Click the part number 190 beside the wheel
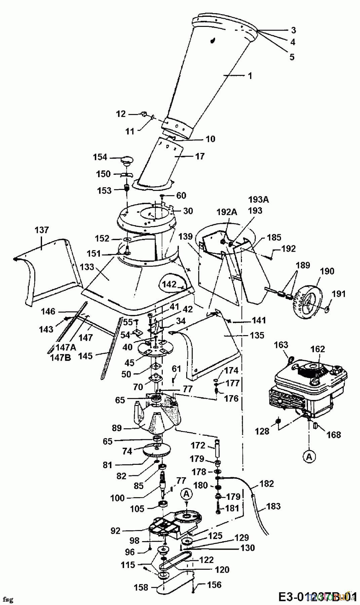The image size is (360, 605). pyautogui.click(x=327, y=271)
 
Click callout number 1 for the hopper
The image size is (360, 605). pyautogui.click(x=250, y=76)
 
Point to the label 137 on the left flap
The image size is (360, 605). pyautogui.click(x=41, y=230)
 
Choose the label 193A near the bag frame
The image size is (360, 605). pyautogui.click(x=258, y=200)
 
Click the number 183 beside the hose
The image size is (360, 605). pyautogui.click(x=273, y=506)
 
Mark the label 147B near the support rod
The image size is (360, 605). pyautogui.click(x=61, y=358)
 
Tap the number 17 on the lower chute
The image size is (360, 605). pyautogui.click(x=200, y=156)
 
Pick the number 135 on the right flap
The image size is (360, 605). pyautogui.click(x=257, y=335)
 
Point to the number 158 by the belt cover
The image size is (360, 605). pyautogui.click(x=141, y=588)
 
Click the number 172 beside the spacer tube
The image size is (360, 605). pyautogui.click(x=198, y=446)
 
